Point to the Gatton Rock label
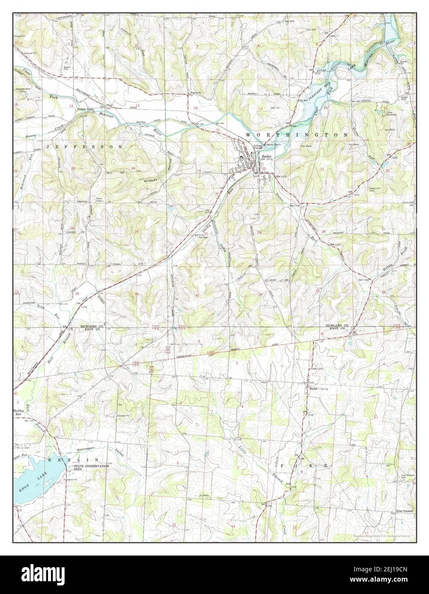(x=85, y=109)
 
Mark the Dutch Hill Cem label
(x=376, y=189)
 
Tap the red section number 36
(x=136, y=294)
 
